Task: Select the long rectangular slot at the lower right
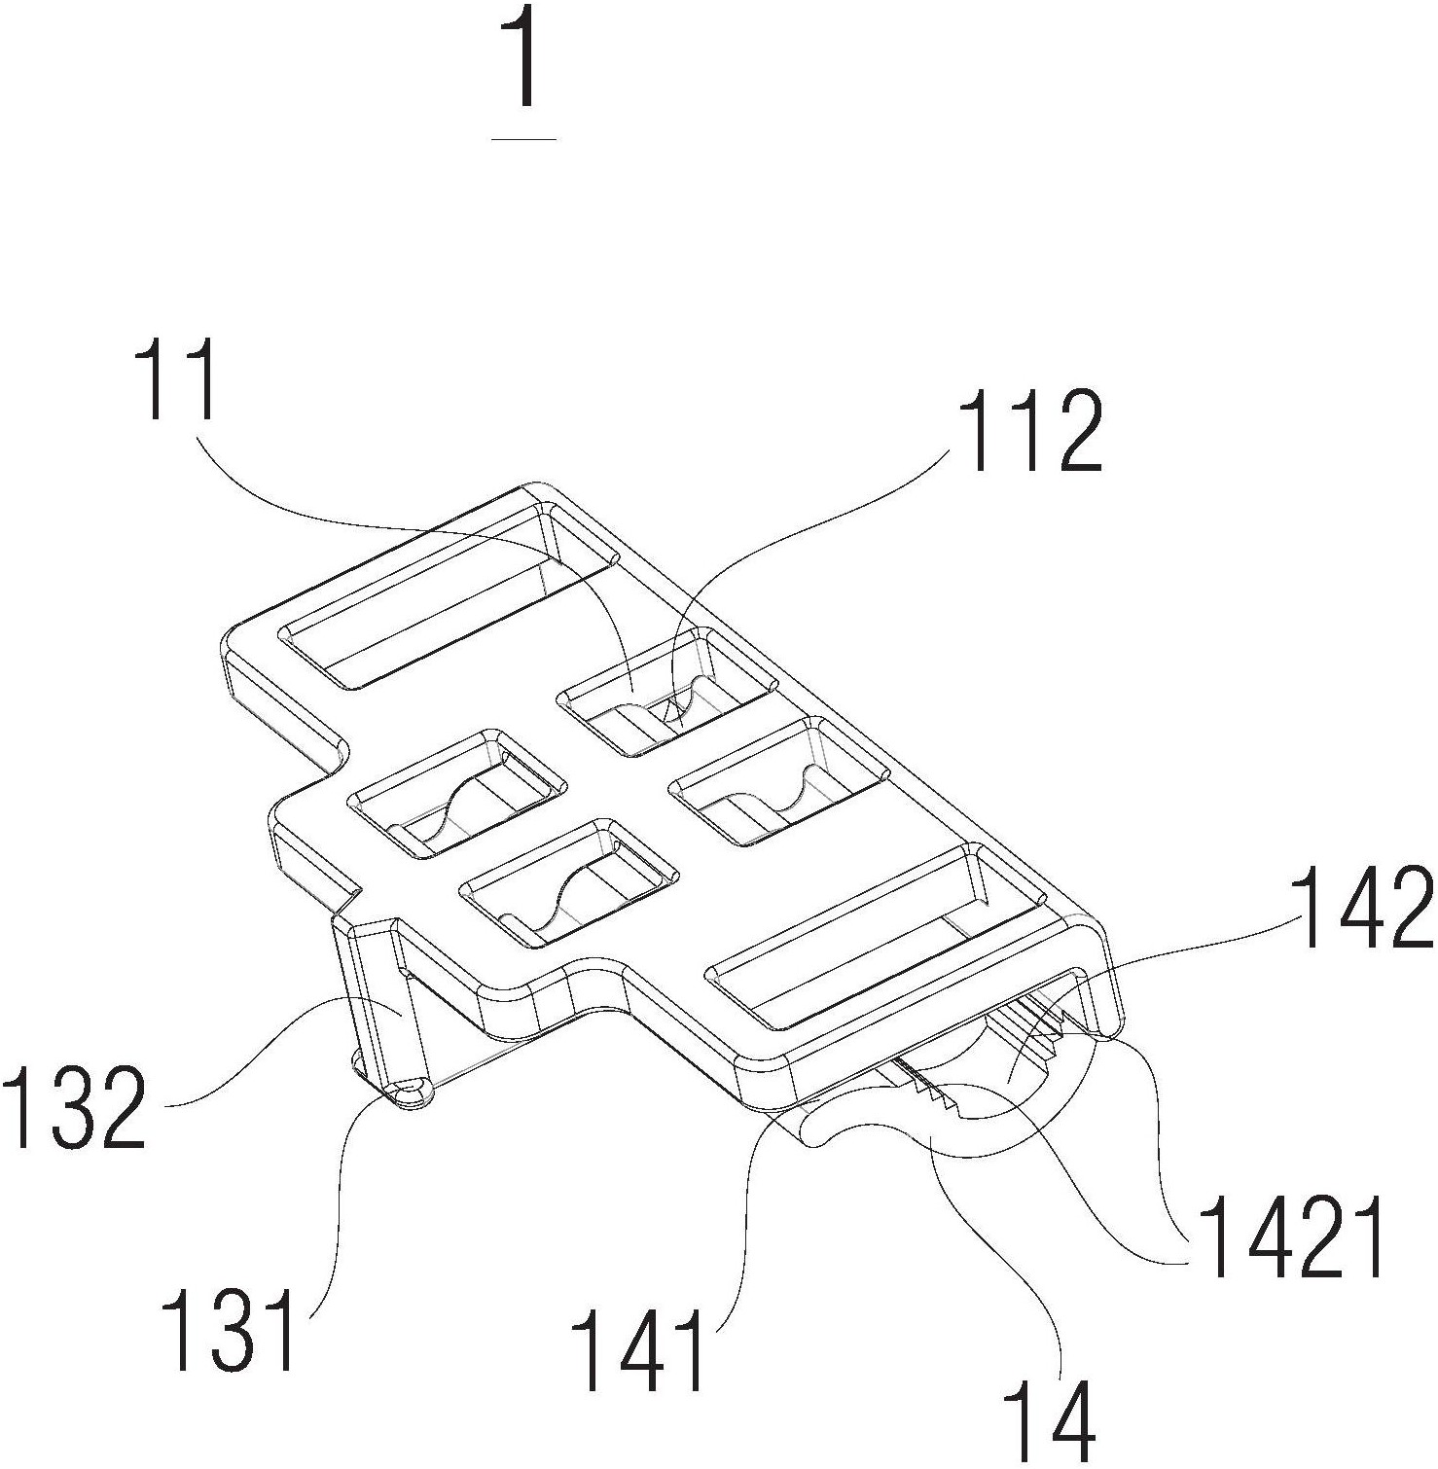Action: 881,936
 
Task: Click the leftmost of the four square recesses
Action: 457,793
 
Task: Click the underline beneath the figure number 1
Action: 525,139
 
